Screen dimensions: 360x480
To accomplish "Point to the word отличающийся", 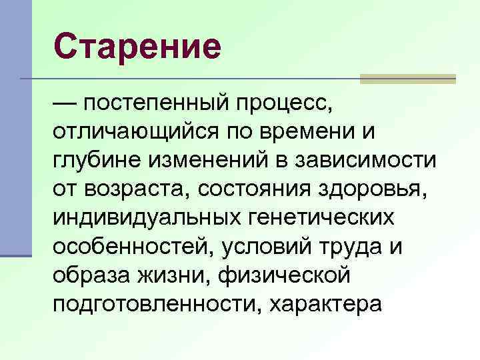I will (x=125, y=133).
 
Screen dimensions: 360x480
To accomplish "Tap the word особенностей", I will (x=127, y=247).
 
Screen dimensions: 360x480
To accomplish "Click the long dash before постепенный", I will (x=65, y=104).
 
